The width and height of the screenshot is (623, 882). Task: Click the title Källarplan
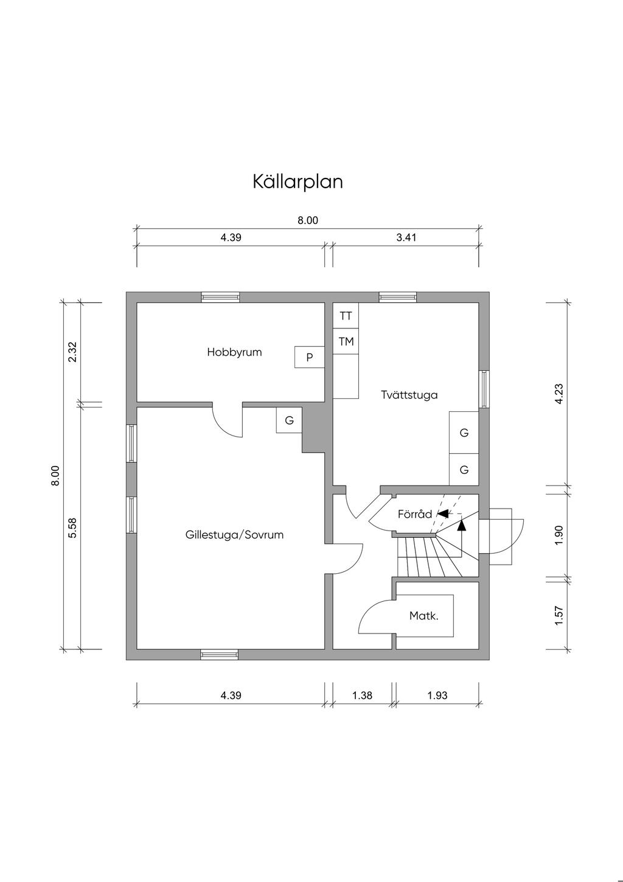click(298, 182)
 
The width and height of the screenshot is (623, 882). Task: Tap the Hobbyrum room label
click(234, 352)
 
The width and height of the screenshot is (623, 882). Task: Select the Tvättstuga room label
click(409, 395)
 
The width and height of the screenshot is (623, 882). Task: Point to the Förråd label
click(414, 514)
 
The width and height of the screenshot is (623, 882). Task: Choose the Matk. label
click(423, 616)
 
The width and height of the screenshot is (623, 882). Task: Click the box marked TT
click(346, 316)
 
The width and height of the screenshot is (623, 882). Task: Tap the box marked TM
click(346, 342)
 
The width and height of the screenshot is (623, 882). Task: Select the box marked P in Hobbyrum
click(310, 358)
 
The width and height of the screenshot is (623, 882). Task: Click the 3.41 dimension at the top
click(406, 238)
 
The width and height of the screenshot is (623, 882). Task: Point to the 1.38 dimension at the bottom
click(362, 695)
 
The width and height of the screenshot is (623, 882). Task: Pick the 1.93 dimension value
click(437, 695)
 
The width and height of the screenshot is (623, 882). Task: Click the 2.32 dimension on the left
click(72, 352)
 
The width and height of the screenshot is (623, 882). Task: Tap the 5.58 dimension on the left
click(72, 527)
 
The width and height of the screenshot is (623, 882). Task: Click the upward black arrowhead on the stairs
click(461, 523)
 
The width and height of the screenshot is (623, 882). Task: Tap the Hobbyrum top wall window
click(220, 297)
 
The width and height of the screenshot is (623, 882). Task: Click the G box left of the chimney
click(290, 420)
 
